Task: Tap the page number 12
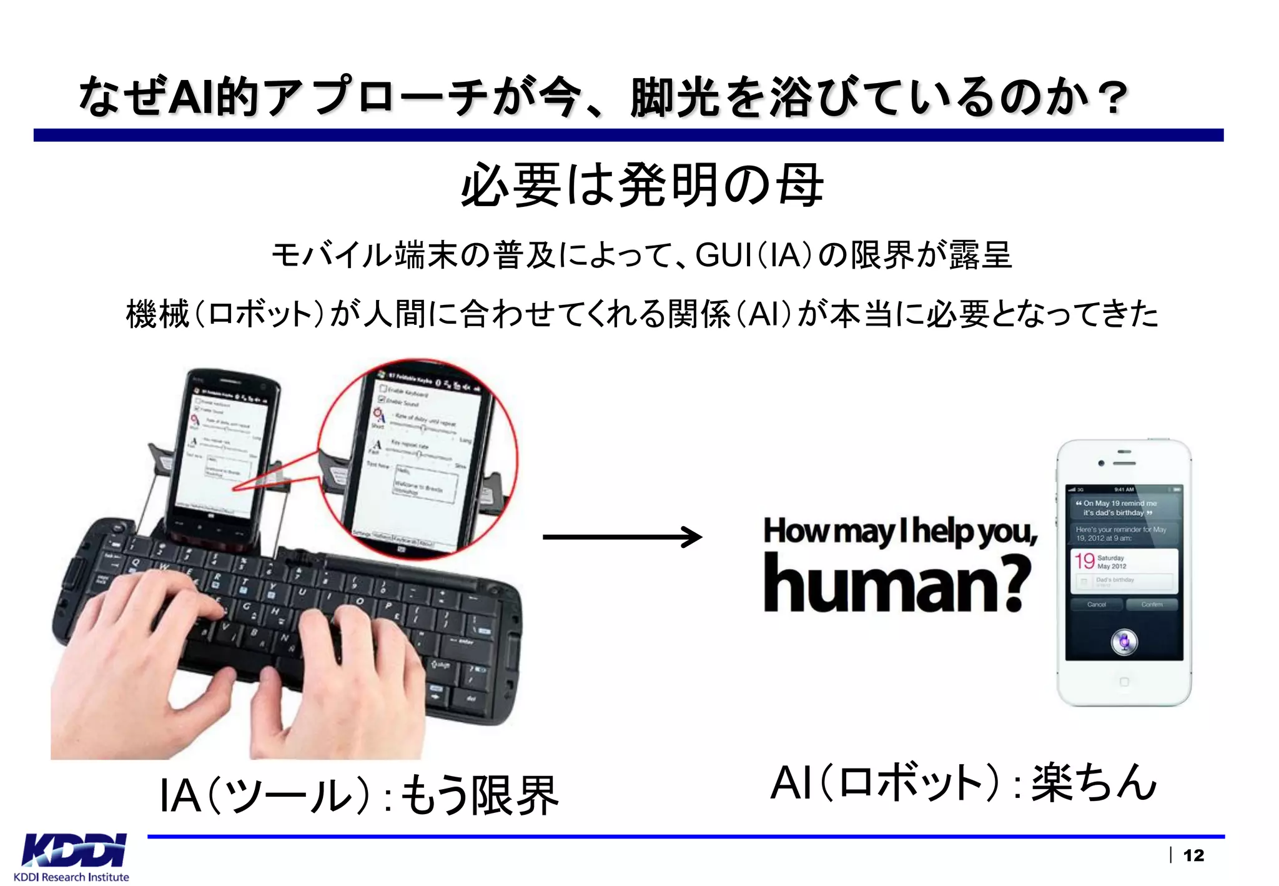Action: [1193, 855]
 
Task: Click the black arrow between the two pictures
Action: [622, 537]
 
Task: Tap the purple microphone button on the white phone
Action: [1124, 642]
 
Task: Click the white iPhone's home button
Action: [1124, 682]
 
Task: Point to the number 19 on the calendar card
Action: [1085, 560]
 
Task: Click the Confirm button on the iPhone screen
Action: [1152, 604]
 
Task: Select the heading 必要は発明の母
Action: [642, 185]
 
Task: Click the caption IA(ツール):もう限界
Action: [358, 795]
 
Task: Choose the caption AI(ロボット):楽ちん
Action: [963, 782]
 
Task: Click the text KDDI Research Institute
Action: [71, 877]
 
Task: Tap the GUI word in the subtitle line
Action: [723, 255]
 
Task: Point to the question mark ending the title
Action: [1114, 99]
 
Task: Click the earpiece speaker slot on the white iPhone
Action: [1124, 463]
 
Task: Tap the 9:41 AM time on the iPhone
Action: [1123, 489]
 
